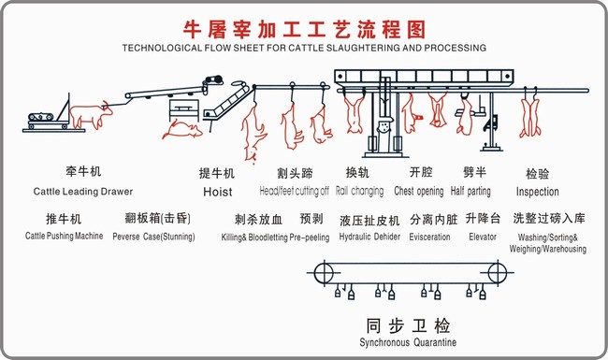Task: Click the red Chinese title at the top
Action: [x=304, y=26]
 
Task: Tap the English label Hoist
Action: [x=217, y=192]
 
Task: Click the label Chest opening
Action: [x=418, y=192]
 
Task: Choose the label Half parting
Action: [x=470, y=192]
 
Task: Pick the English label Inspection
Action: [x=537, y=192]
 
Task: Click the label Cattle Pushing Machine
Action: [x=64, y=237]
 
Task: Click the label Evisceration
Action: [x=429, y=238]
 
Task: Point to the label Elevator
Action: [x=483, y=238]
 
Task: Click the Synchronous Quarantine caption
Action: [x=409, y=344]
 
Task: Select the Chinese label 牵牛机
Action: [x=83, y=172]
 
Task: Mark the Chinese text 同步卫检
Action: [x=408, y=326]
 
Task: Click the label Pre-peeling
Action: [x=309, y=238]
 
